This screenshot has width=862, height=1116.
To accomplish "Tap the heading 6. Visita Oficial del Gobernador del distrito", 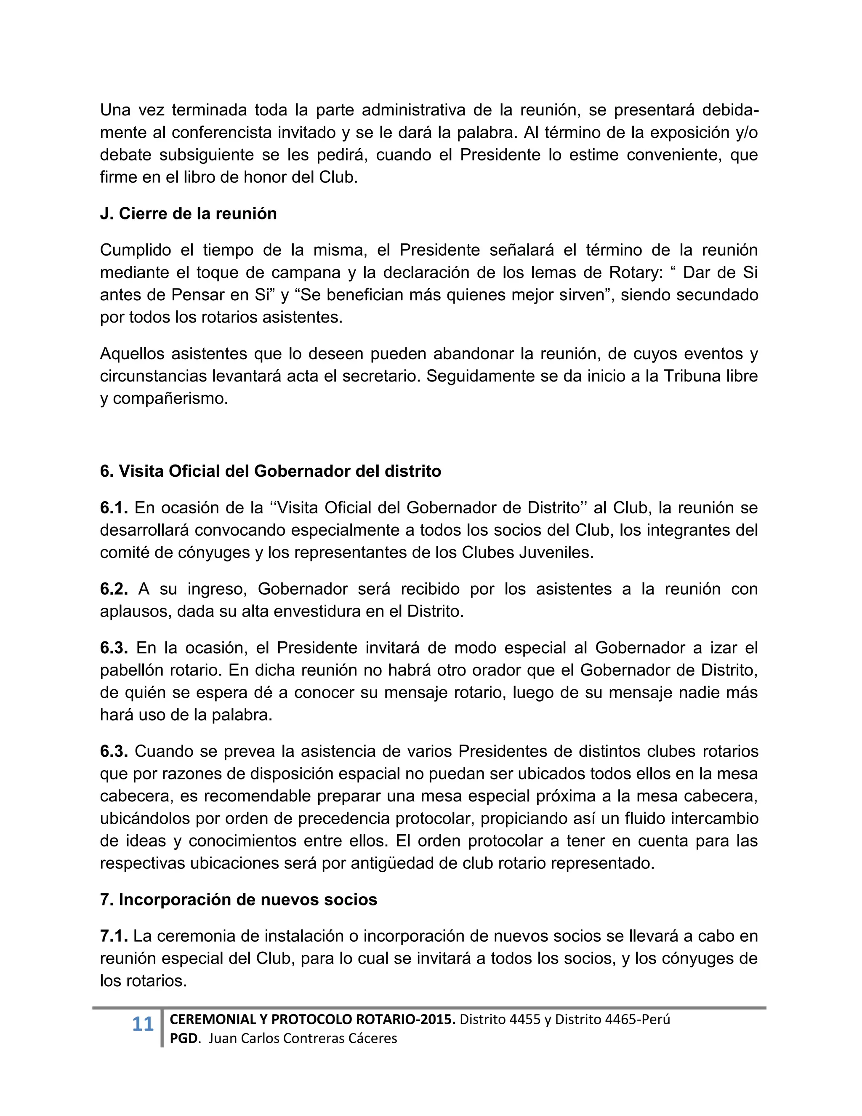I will [x=270, y=471].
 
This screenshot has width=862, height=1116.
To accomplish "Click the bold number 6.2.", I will [x=113, y=589].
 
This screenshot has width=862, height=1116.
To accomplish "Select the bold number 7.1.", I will [x=113, y=936].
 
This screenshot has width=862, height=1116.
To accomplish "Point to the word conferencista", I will [x=222, y=132].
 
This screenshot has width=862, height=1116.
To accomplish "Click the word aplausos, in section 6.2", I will [x=136, y=611].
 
